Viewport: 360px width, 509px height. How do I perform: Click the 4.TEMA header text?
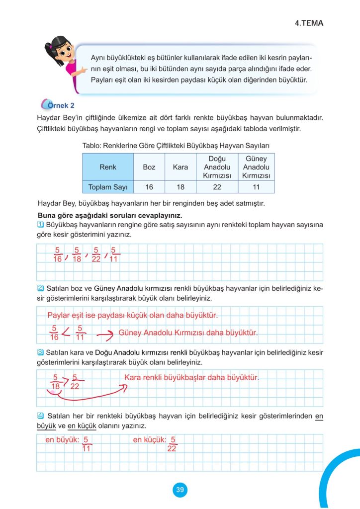coord(308,23)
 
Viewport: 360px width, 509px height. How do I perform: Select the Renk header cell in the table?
coord(108,167)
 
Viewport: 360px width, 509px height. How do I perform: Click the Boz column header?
coord(149,167)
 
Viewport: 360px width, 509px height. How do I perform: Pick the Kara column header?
coord(180,167)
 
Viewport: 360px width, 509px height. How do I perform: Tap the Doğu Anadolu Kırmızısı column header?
coord(217,167)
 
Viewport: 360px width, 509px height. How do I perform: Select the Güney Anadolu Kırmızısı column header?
coord(256,167)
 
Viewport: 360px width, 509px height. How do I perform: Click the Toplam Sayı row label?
coord(108,187)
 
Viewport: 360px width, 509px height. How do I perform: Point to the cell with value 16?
coord(149,187)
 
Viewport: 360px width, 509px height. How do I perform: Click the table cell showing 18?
coord(180,187)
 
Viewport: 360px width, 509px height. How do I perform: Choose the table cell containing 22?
coord(217,187)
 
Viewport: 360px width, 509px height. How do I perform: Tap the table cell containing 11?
coord(256,187)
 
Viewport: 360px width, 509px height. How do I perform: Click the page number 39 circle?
coord(180,490)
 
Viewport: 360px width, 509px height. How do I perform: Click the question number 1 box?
coord(41,225)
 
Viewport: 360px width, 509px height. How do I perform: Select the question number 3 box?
coord(41,352)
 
